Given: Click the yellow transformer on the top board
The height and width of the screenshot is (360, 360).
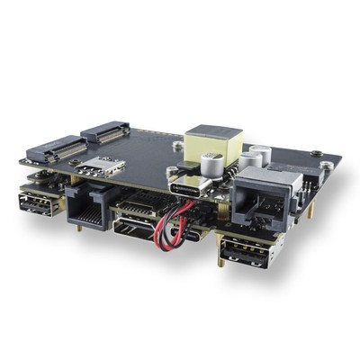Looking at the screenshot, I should click(214, 144).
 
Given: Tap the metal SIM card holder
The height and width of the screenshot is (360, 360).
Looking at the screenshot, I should click(101, 165).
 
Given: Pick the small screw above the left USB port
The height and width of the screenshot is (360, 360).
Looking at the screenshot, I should click(38, 178).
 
